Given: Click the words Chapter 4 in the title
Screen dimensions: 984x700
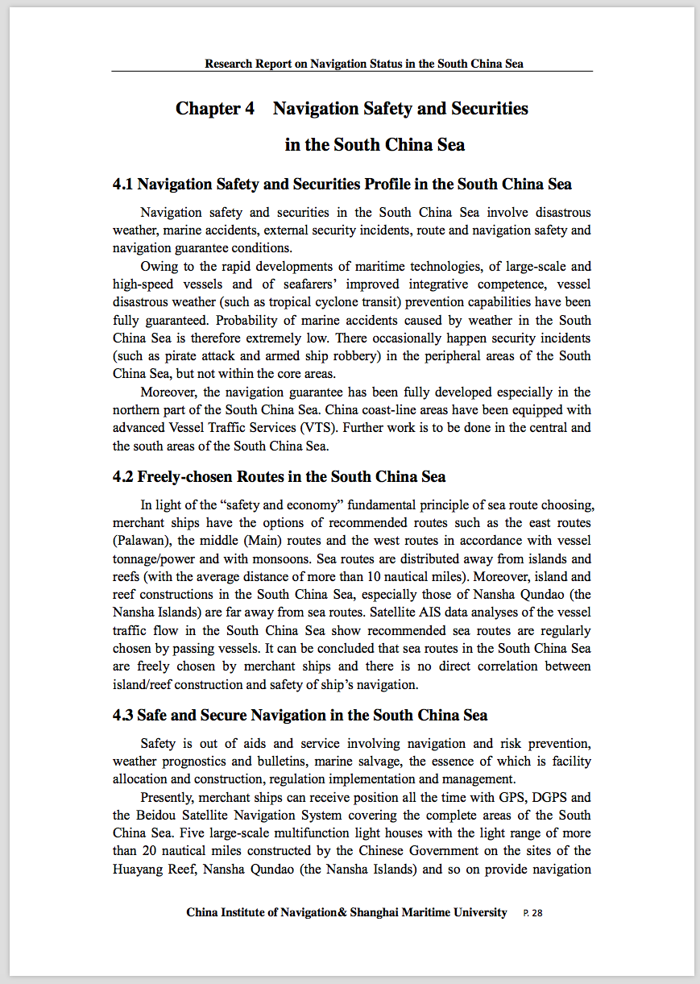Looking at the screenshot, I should pyautogui.click(x=209, y=109).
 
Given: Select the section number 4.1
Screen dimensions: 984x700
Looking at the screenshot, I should pyautogui.click(x=122, y=185).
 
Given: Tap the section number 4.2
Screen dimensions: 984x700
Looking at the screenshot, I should pyautogui.click(x=122, y=477).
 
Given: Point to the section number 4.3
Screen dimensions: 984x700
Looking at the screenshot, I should pyautogui.click(x=122, y=716).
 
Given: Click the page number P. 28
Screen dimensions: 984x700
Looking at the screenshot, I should pyautogui.click(x=532, y=913).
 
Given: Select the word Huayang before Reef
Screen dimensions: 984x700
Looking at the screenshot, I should pyautogui.click(x=136, y=869).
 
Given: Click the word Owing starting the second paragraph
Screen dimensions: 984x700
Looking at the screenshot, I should pyautogui.click(x=158, y=267).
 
